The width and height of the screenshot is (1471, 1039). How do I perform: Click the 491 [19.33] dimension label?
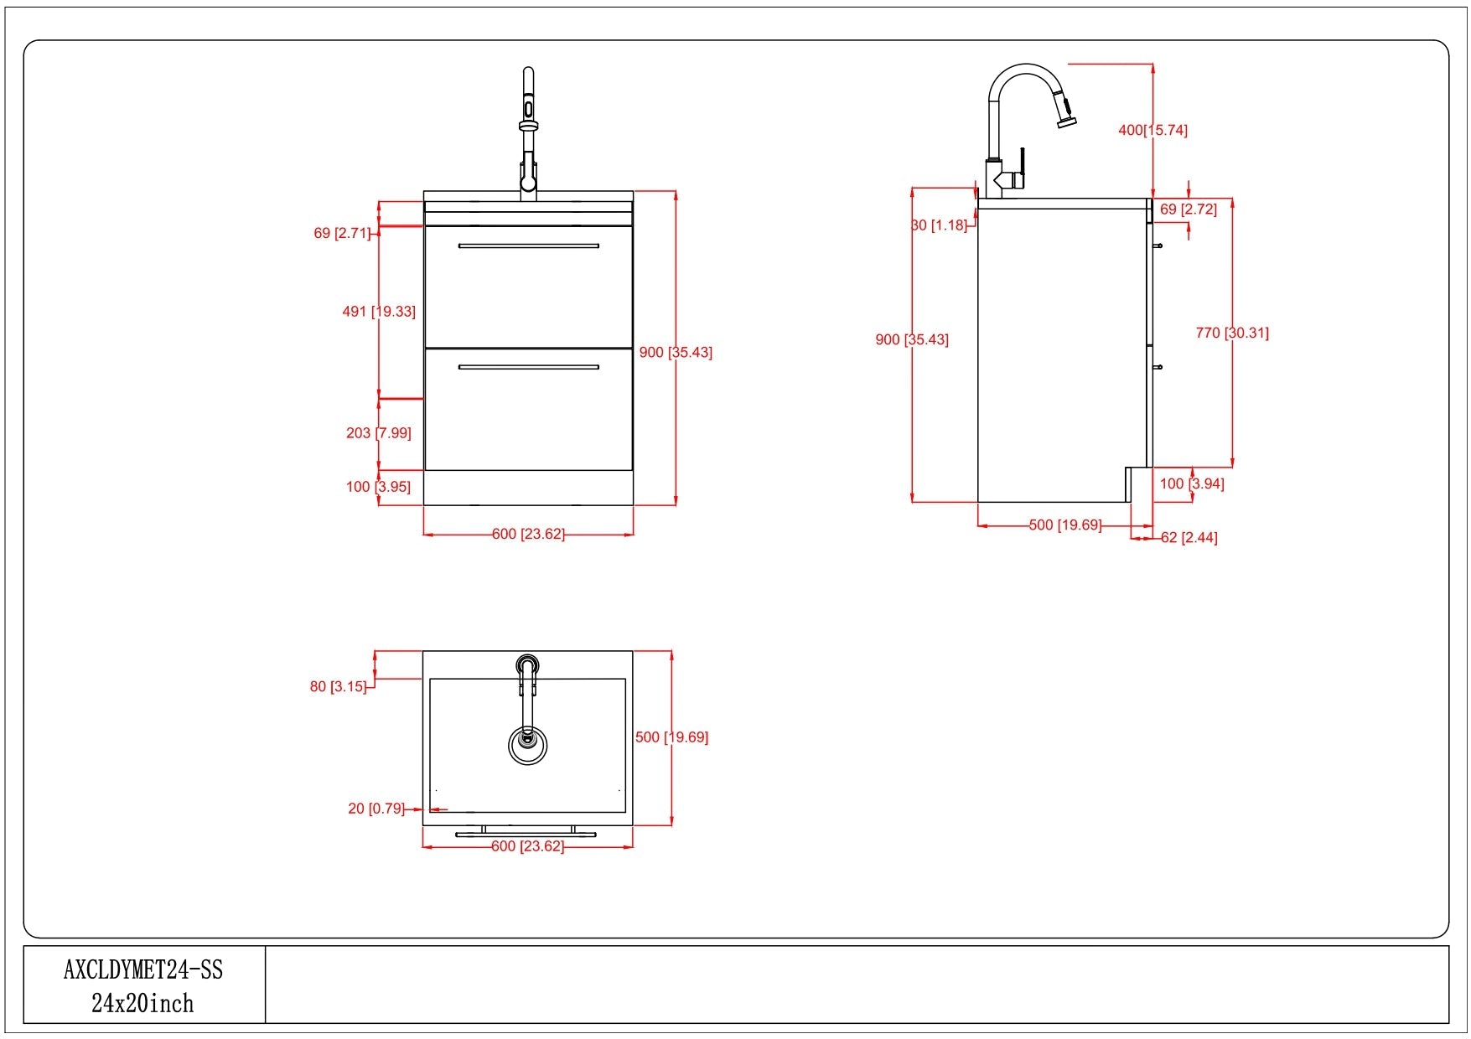pos(379,312)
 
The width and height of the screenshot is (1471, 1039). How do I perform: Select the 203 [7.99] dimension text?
pos(379,433)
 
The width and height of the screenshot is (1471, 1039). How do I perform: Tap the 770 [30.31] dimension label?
pos(1231,333)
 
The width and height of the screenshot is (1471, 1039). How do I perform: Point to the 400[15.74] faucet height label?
pos(1152,130)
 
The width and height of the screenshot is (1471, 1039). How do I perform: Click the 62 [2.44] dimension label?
pos(1189,538)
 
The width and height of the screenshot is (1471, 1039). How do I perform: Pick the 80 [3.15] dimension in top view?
pos(338,687)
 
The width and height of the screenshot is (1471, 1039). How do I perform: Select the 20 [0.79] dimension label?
pos(376,809)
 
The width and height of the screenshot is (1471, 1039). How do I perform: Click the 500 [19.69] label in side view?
pos(1064,525)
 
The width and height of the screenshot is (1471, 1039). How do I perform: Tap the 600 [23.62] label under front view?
pos(528,534)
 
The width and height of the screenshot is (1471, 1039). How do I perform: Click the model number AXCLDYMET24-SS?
pos(143,970)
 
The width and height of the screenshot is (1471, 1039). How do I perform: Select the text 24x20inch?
pos(142,1003)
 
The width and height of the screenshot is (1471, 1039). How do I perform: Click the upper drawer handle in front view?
pos(528,246)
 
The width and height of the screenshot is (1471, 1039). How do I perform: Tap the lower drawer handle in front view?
pos(528,367)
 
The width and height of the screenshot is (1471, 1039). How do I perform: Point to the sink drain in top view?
pos(527,739)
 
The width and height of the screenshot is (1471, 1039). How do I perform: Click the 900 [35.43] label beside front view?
pos(676,353)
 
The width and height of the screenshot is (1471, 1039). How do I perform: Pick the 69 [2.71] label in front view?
pos(341,234)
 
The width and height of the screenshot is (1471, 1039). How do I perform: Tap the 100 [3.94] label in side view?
pos(1191,484)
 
